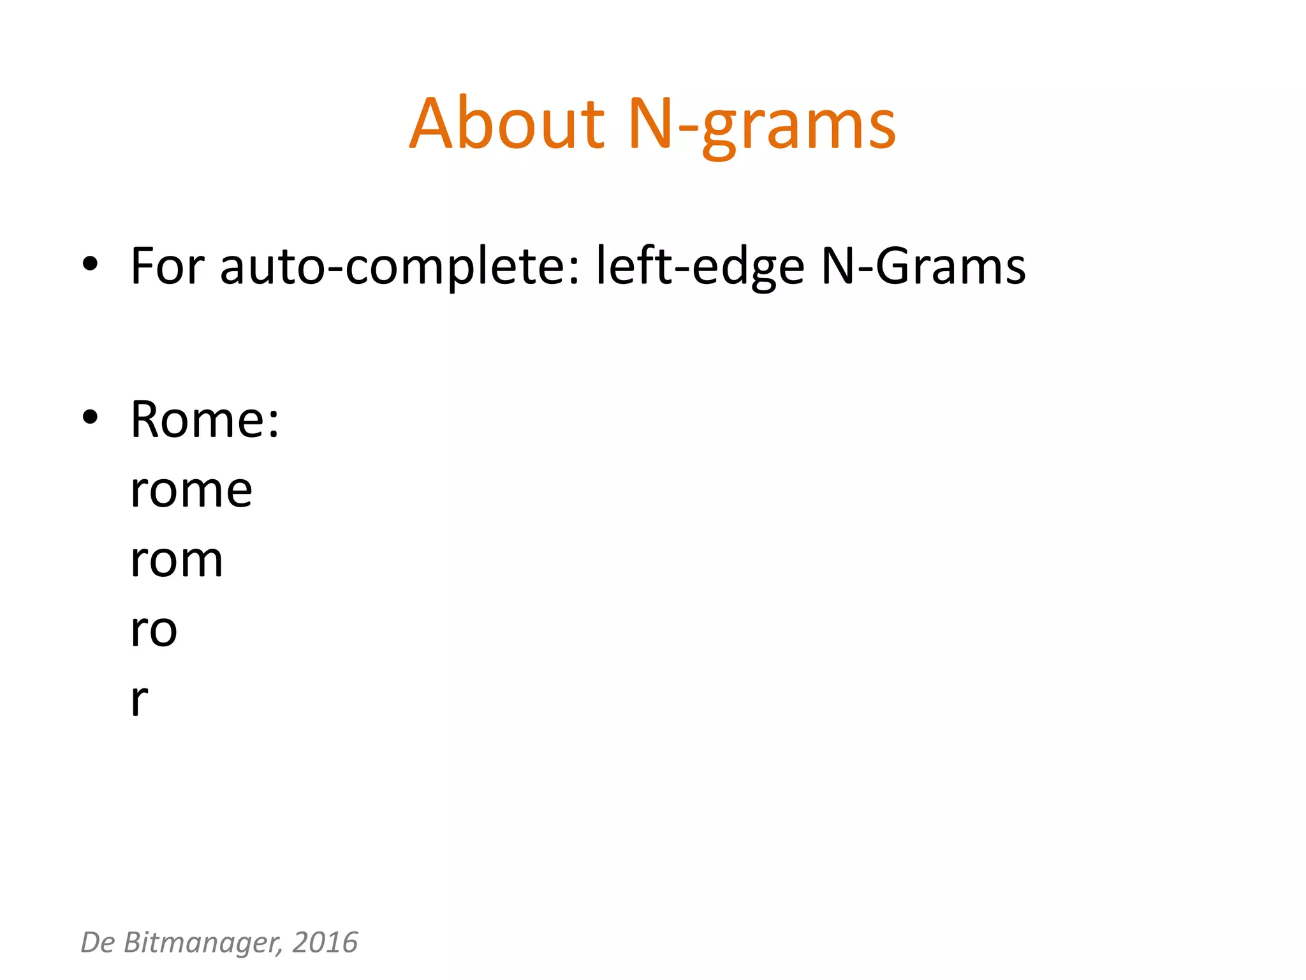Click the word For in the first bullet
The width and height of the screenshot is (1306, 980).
pyautogui.click(x=167, y=265)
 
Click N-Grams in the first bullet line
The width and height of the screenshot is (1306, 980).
pyautogui.click(x=923, y=265)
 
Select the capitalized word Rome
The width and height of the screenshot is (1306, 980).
pyautogui.click(x=197, y=420)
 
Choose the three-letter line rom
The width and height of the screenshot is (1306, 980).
pyautogui.click(x=177, y=560)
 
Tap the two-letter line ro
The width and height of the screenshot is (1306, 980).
pyautogui.click(x=153, y=630)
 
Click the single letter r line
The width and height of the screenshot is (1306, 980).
pyautogui.click(x=139, y=700)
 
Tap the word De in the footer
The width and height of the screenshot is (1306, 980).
pyautogui.click(x=98, y=942)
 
